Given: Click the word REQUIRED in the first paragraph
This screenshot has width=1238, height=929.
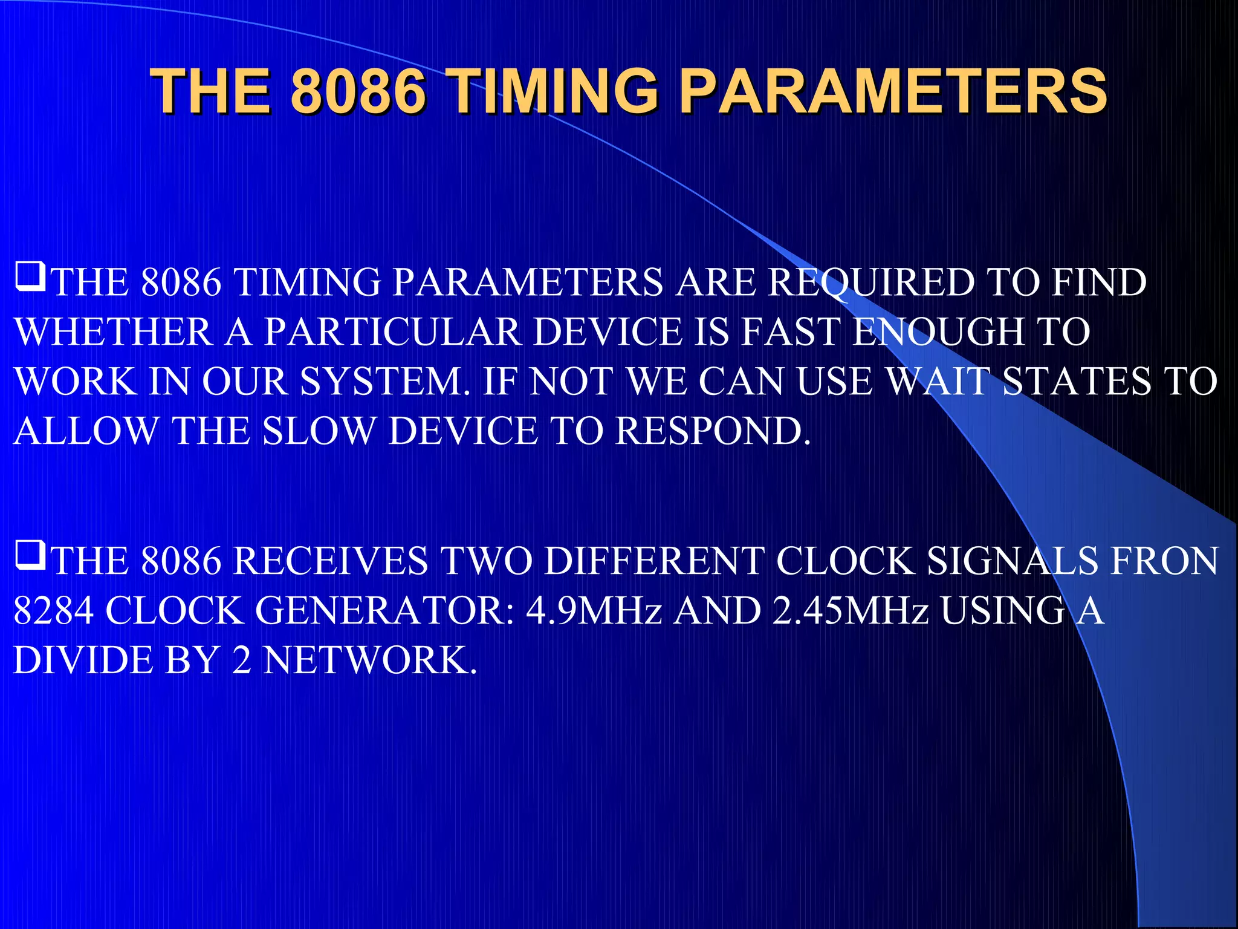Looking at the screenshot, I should click(870, 282).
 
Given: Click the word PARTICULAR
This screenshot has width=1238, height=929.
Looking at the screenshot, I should click(393, 332).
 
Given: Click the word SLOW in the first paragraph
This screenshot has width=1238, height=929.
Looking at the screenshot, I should click(319, 431).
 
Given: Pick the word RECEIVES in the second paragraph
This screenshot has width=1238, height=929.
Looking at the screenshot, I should click(331, 561).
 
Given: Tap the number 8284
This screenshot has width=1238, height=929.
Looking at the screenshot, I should click(53, 611).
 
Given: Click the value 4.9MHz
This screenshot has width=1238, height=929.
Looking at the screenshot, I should click(594, 611).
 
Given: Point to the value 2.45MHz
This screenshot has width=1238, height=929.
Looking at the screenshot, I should click(849, 611).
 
